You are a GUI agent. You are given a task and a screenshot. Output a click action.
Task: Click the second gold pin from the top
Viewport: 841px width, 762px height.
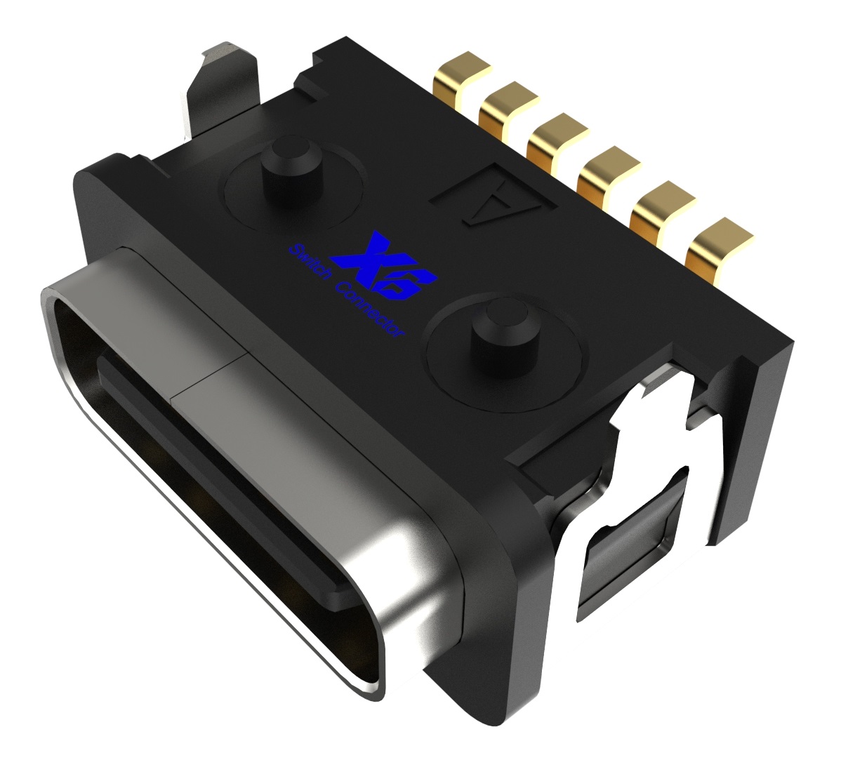point(506,106)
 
